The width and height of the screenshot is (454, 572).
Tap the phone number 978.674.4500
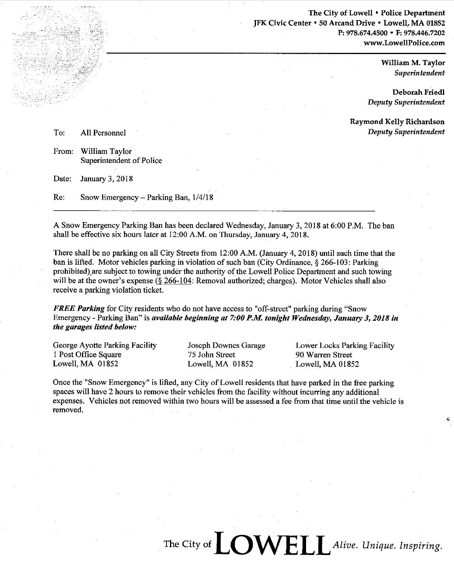[366, 33]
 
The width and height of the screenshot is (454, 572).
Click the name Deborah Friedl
[419, 92]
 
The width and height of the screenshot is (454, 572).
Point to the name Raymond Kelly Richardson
[397, 122]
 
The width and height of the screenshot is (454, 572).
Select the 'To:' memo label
[58, 133]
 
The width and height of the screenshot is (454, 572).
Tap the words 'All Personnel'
[103, 133]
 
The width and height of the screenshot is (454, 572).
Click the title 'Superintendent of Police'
[121, 161]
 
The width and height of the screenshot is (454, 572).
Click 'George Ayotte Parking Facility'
[105, 346]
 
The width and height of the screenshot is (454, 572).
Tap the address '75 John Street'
[211, 355]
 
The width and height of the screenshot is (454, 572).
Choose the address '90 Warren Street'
[324, 355]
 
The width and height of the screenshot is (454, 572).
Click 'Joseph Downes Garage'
[226, 346]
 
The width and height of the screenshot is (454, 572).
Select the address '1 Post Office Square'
[87, 355]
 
